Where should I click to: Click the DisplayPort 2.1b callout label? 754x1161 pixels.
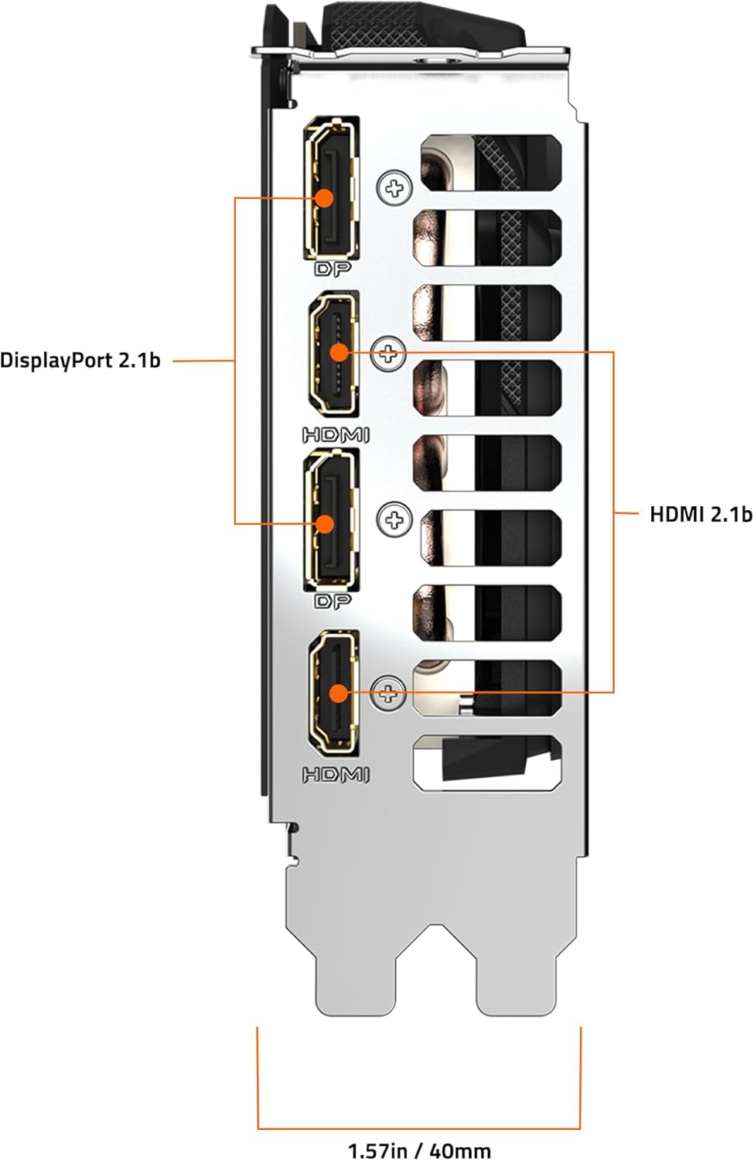click(80, 360)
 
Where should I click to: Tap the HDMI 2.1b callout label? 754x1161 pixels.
click(700, 514)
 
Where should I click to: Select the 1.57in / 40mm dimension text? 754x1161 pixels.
click(418, 1150)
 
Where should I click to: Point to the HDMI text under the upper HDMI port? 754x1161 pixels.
click(336, 435)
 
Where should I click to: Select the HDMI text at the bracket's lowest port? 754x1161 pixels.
click(336, 774)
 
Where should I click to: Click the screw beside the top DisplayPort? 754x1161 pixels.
click(394, 187)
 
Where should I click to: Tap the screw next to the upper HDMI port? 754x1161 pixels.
click(388, 354)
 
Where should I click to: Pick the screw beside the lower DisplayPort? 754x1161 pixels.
click(394, 519)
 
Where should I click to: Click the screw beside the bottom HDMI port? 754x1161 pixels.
click(388, 692)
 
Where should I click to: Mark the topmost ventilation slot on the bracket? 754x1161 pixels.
click(491, 163)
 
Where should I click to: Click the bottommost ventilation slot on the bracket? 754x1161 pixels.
click(487, 762)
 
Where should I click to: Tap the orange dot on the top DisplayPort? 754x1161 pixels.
click(324, 197)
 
